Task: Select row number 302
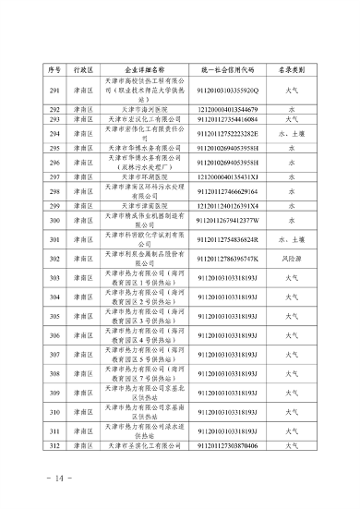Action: point(55,260)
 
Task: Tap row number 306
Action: point(55,336)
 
